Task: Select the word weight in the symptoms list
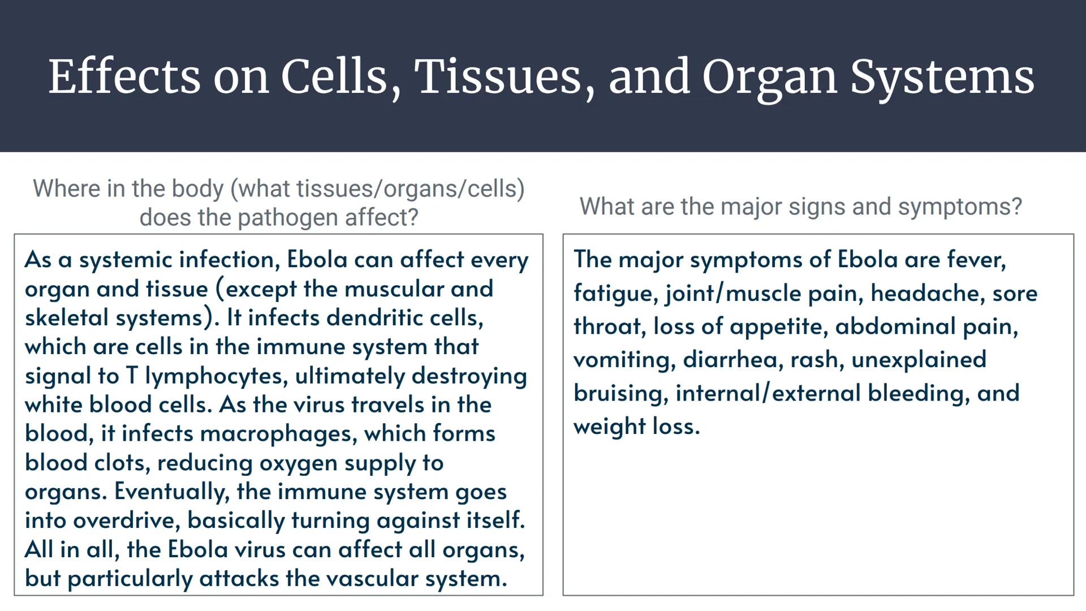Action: click(609, 427)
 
